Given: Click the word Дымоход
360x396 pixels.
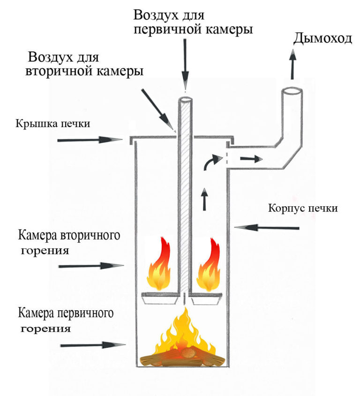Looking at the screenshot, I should pos(322,38).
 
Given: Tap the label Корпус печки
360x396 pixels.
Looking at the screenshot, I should pos(302,208).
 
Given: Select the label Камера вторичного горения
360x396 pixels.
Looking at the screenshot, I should pos(67,242).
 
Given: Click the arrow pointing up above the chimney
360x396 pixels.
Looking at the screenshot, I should pos(292,66).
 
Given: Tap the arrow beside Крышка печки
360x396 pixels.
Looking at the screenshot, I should pos(89,140).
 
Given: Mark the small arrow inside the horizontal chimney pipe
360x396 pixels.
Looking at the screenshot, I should pos(250,158).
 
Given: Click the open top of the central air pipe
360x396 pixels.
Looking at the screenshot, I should pos(186,100).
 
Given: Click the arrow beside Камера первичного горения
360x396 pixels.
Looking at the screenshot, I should pos(93,345).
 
